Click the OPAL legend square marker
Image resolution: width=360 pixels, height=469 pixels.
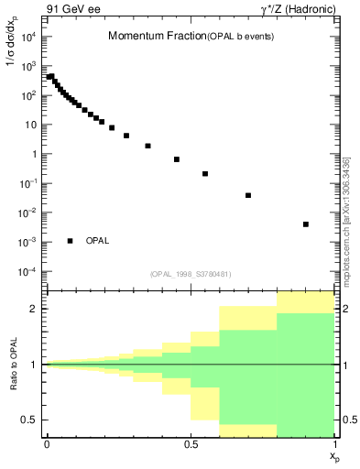70,241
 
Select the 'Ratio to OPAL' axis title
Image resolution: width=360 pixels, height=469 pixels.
13,365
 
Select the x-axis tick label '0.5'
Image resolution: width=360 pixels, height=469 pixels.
191,445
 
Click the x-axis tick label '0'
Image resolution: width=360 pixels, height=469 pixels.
47,445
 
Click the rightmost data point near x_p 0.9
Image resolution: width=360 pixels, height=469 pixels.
306,224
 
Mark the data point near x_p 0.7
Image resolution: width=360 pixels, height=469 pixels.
248,195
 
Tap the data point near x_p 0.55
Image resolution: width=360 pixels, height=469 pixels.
205,173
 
